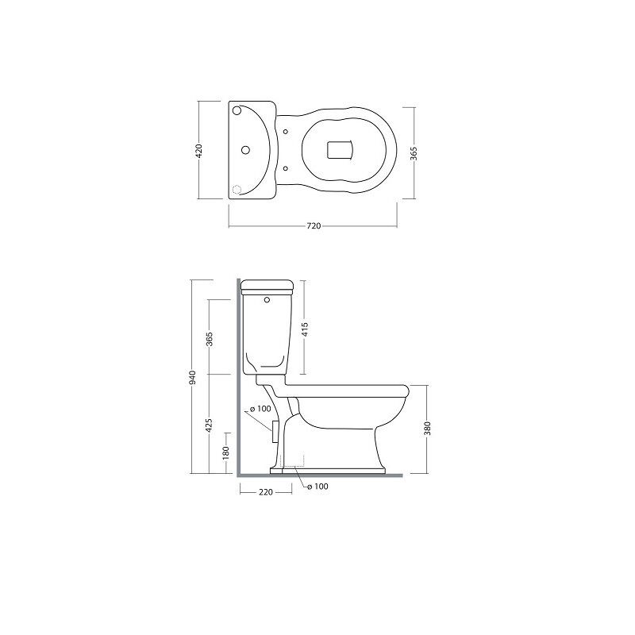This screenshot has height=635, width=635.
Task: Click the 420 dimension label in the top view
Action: point(198,150)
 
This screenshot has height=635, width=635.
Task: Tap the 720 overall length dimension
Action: point(314,226)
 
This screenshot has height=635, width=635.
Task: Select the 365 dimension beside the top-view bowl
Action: point(414,153)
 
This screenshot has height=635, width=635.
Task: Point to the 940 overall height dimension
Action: point(192,377)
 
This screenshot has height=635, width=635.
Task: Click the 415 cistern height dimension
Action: point(305,329)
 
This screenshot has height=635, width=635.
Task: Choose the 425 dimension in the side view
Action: point(209,425)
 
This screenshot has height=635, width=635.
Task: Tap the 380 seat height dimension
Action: point(427,429)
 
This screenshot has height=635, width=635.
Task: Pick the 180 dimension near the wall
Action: point(226,452)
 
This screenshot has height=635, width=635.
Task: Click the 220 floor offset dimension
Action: point(266,492)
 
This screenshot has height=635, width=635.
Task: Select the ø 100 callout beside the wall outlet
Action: point(260,409)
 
